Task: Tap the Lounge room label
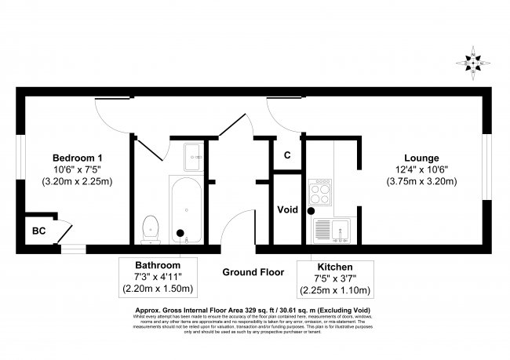[x=423, y=158]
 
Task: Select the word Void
[x=286, y=210]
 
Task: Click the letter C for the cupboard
[x=287, y=155]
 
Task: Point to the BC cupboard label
[x=38, y=231]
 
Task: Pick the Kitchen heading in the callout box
[x=335, y=267]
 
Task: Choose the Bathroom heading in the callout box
[x=158, y=265]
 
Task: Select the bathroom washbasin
[x=193, y=156]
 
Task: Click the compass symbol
[x=475, y=62]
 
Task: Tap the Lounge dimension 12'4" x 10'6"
[x=423, y=169]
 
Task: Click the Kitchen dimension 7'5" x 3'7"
[x=335, y=279]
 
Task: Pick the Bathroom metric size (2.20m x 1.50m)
[x=158, y=289]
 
